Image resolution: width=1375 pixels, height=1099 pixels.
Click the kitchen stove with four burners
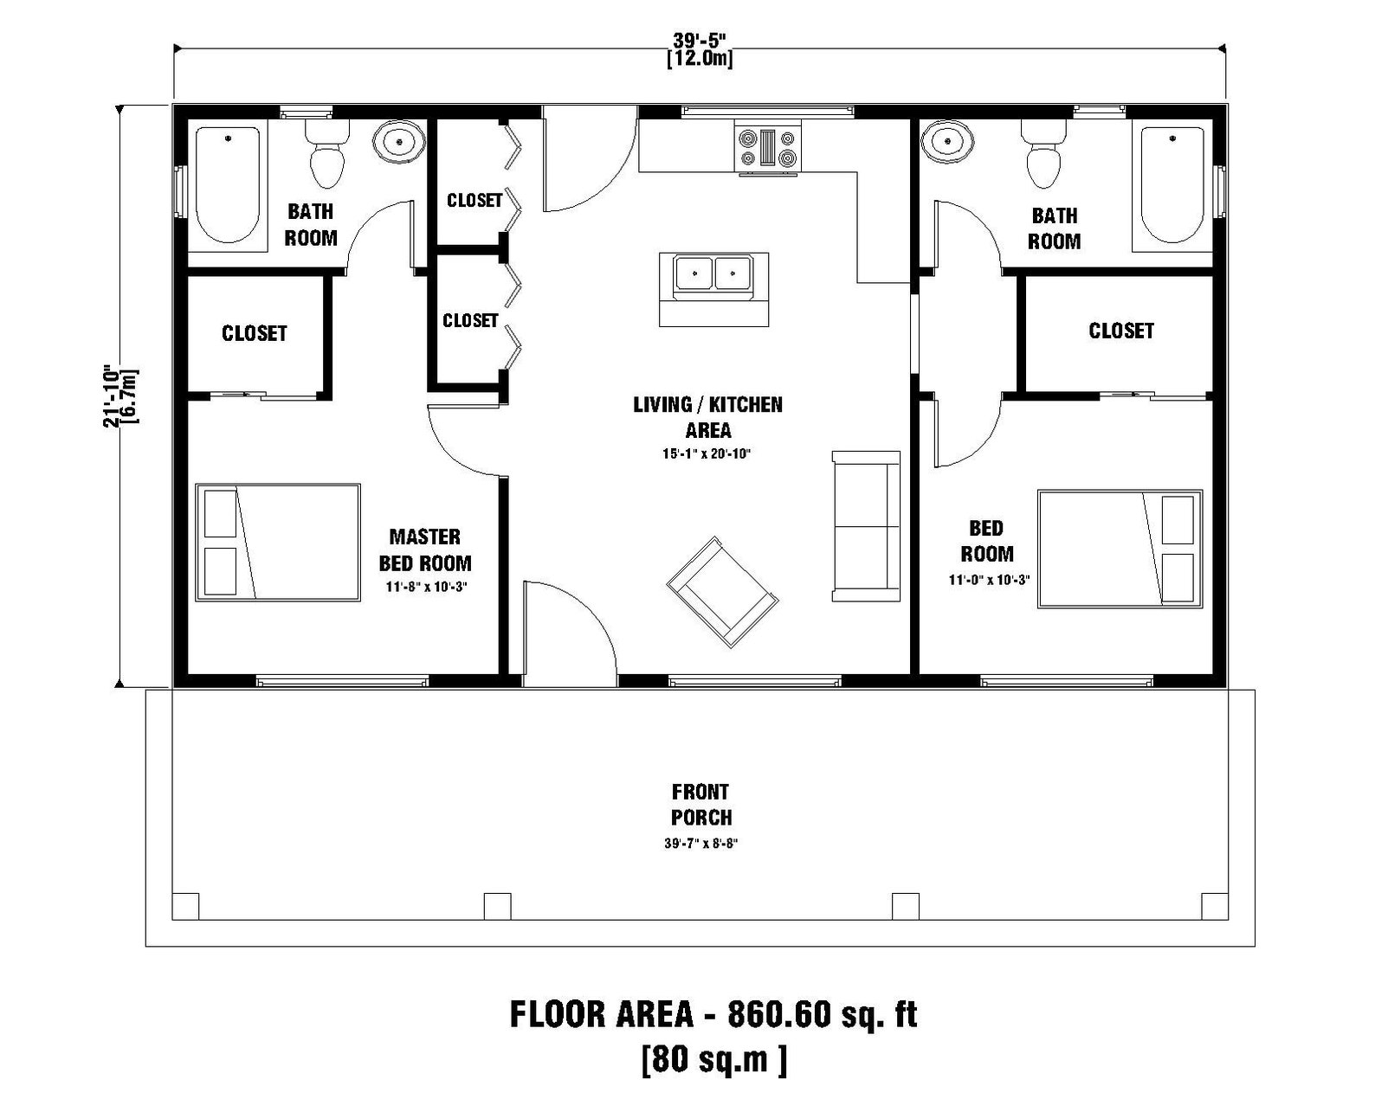point(768,146)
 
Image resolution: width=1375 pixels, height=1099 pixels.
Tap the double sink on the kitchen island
point(713,274)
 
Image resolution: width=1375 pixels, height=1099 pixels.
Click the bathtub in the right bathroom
point(1174,184)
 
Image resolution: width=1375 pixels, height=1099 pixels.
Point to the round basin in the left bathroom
point(399,142)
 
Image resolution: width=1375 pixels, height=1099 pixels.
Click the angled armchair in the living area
point(722,591)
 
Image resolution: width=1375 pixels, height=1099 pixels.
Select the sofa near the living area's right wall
point(865,525)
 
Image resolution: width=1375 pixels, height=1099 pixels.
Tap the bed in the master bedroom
point(278,543)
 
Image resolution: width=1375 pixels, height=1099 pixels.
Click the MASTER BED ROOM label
point(425,550)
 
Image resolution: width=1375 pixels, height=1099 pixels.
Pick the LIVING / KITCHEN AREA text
point(707,417)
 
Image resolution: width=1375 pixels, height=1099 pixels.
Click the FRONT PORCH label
point(700,805)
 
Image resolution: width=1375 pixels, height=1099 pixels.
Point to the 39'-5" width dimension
point(700,40)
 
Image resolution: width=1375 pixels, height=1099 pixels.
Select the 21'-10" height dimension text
point(110,394)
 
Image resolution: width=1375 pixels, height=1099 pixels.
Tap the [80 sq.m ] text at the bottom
point(714,1058)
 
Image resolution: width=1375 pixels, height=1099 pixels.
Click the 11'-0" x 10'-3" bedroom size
point(989,581)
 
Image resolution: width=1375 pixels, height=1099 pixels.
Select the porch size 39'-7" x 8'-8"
point(700,844)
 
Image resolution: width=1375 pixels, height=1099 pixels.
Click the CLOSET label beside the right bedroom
point(1120,331)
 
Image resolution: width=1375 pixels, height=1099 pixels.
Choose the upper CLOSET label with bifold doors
point(474,201)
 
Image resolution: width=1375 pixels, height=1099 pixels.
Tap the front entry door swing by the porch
point(567,632)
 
